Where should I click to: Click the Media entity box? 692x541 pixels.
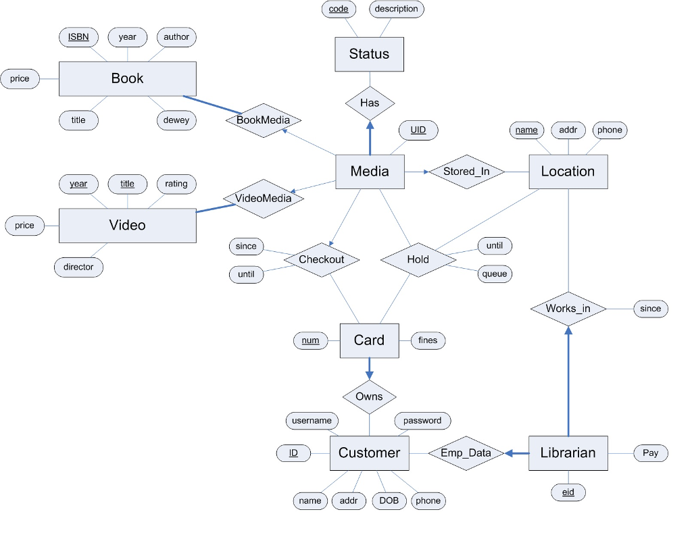point(370,172)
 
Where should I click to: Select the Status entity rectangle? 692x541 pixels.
point(370,54)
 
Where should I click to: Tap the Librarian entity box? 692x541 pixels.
point(568,453)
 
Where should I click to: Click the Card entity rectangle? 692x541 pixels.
point(369,340)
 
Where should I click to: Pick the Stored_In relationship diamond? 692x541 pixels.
point(466,172)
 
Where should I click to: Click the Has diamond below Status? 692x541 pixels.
point(370,103)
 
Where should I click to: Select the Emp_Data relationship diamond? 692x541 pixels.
point(466,453)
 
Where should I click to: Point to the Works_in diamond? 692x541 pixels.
point(568,309)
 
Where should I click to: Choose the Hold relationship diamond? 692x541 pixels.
point(418,259)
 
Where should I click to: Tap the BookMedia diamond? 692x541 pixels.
point(263,120)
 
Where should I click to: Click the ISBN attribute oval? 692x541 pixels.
point(78,37)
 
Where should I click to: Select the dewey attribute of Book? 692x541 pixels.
point(176,120)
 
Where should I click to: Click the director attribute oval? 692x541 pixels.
point(78,267)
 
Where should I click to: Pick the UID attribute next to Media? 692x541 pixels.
point(418,130)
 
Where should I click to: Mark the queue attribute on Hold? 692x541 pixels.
point(495,274)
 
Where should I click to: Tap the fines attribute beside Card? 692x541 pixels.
point(428,340)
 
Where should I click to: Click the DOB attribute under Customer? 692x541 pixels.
point(389,500)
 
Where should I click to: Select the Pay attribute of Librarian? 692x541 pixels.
point(650,453)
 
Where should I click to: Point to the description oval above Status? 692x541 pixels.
point(397,9)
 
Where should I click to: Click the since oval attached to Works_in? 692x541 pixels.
point(650,309)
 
